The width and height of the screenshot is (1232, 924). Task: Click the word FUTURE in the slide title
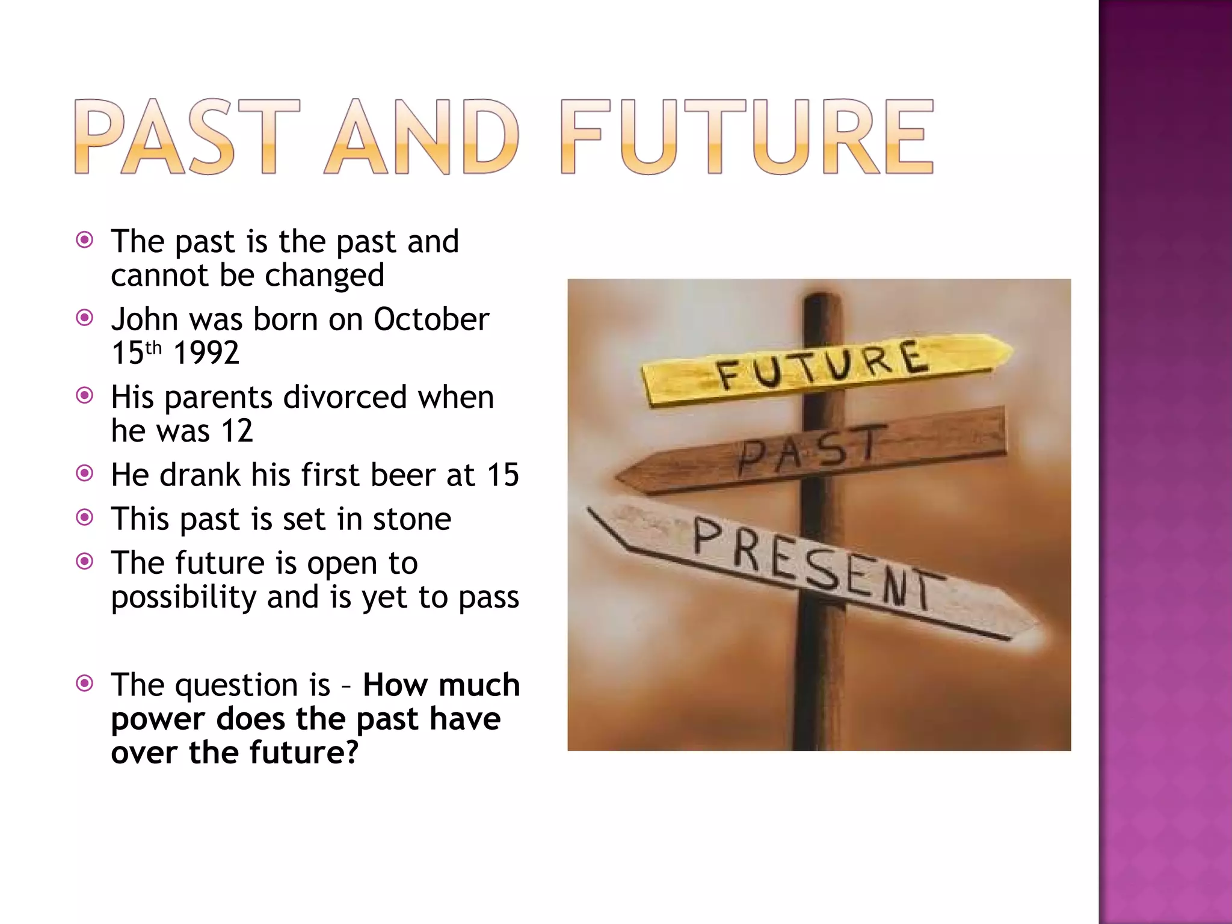(x=747, y=137)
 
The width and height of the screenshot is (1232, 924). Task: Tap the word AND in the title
(x=421, y=137)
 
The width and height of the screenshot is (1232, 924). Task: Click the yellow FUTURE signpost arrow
(x=824, y=368)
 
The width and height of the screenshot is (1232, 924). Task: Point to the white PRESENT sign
(x=812, y=565)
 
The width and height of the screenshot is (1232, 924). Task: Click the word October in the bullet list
(x=431, y=319)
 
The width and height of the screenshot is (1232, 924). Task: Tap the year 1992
(x=206, y=353)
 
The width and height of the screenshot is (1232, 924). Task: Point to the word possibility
(x=184, y=598)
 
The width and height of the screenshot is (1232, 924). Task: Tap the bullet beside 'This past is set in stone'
(x=85, y=517)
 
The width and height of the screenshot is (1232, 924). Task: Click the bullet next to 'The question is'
(x=85, y=683)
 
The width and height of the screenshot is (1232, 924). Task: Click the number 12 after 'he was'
(x=237, y=431)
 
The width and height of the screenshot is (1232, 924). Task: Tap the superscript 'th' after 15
(x=154, y=348)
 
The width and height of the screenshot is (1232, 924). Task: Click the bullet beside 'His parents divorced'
(x=85, y=395)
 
